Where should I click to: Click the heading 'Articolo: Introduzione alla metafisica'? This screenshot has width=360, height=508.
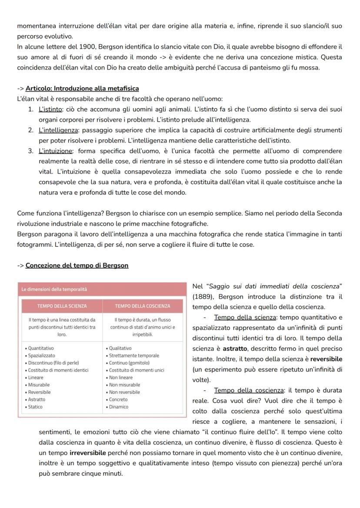pyautogui.click(x=82, y=89)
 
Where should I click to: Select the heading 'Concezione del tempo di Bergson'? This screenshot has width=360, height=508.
pyautogui.click(x=77, y=266)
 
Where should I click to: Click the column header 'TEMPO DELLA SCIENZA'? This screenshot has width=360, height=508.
pyautogui.click(x=62, y=306)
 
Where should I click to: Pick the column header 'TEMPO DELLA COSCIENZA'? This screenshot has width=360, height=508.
pyautogui.click(x=143, y=306)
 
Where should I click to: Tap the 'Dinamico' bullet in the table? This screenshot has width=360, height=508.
pyautogui.click(x=119, y=407)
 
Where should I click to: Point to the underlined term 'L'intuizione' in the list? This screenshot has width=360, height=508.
pyautogui.click(x=56, y=151)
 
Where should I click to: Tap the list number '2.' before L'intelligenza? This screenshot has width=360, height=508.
pyautogui.click(x=31, y=130)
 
